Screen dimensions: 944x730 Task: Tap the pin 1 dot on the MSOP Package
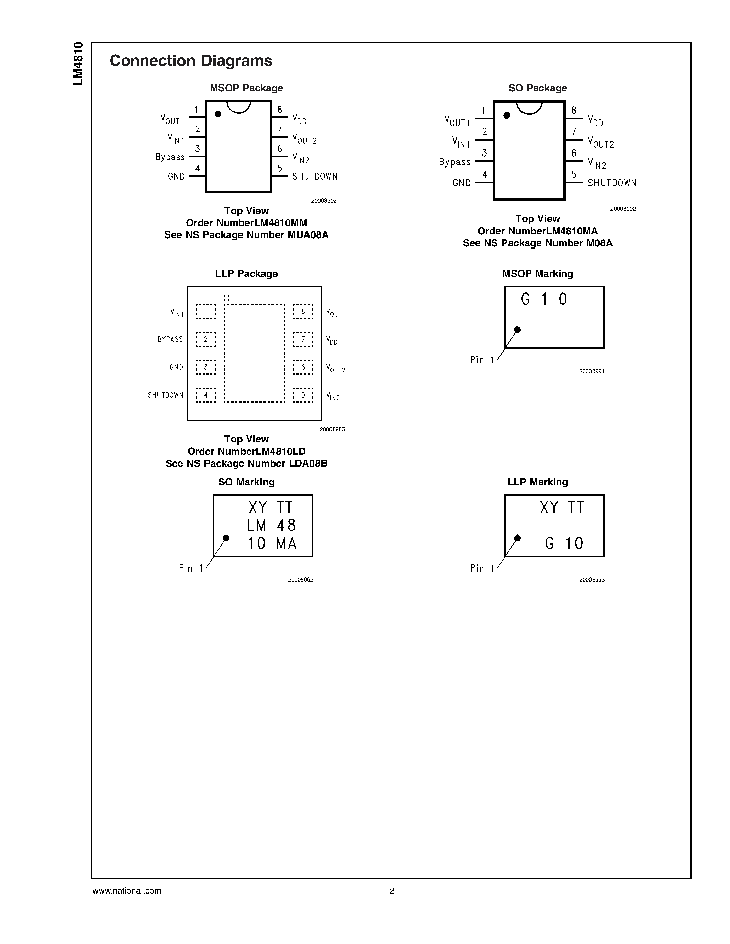(x=218, y=114)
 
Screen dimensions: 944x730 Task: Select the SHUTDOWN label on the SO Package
(x=611, y=183)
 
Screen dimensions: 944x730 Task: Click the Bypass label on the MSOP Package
(x=170, y=157)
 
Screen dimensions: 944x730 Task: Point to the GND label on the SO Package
(x=461, y=183)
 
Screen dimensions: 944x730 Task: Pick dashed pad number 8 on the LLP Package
(x=303, y=312)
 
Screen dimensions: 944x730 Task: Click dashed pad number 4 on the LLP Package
(x=206, y=395)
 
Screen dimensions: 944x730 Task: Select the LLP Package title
(x=246, y=274)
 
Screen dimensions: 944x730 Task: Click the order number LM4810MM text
(x=246, y=223)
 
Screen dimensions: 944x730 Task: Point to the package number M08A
(x=599, y=243)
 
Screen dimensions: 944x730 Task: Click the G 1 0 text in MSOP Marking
(x=543, y=299)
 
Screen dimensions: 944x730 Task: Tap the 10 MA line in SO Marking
(x=272, y=543)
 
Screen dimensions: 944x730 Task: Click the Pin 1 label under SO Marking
(x=191, y=568)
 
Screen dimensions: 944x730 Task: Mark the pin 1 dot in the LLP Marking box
(x=517, y=538)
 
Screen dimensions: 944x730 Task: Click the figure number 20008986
(x=332, y=429)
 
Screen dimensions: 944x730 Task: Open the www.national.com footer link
(x=127, y=890)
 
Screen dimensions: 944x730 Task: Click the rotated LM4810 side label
(x=78, y=64)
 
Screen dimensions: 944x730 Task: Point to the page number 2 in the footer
(x=392, y=890)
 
